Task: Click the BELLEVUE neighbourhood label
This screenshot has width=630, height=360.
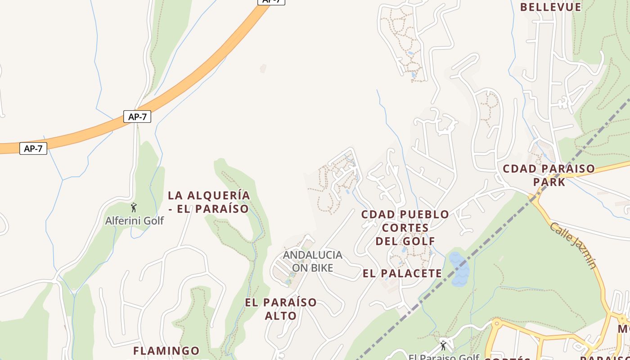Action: [x=550, y=7]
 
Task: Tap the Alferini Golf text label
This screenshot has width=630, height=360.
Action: [x=134, y=220]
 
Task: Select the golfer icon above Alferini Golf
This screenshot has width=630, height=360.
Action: [x=134, y=207]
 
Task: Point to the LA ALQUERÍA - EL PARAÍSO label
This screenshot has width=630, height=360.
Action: [x=208, y=202]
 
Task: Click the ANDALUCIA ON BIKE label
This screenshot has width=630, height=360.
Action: [x=312, y=261]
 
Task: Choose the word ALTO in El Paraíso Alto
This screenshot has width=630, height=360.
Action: [x=280, y=316]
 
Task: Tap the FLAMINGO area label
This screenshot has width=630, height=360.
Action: [x=166, y=351]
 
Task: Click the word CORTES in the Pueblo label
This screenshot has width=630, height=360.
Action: [x=405, y=228]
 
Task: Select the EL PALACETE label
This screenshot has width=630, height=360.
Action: [x=402, y=273]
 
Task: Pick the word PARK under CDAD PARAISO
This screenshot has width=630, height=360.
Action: [x=549, y=182]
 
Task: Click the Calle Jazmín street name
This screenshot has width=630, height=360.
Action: [x=573, y=246]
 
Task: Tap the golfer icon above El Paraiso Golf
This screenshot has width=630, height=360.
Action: [x=443, y=346]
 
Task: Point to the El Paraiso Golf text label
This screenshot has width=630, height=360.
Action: [x=443, y=357]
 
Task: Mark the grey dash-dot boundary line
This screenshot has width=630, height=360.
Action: [x=495, y=234]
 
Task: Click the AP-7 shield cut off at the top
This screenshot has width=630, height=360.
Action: [x=271, y=1]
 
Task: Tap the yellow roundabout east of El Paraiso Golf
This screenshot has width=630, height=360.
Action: [x=496, y=324]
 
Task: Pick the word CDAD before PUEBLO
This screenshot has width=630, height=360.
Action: [x=378, y=215]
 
